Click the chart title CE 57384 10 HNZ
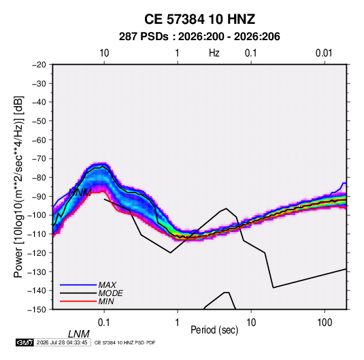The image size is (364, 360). tap(199, 19)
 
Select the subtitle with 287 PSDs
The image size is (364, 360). tap(199, 37)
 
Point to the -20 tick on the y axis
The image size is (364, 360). tap(39, 65)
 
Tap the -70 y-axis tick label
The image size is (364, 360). tap(39, 159)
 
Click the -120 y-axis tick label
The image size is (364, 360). tap(37, 253)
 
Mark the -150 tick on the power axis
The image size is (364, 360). tap(37, 310)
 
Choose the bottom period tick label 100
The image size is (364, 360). tap(325, 323)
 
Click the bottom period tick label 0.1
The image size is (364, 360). tap(104, 323)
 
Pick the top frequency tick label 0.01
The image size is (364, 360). tap(324, 53)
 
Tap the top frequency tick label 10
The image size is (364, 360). tap(104, 53)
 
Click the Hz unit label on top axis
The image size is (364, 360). tap(214, 53)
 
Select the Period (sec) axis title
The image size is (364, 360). tap(214, 330)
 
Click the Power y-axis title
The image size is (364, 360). tap(18, 187)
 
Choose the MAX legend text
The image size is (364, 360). tap(107, 285)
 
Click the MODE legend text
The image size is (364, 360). tap(110, 293)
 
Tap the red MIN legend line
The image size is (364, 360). tap(78, 301)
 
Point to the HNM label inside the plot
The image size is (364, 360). tap(80, 193)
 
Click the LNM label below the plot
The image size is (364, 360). tap(79, 334)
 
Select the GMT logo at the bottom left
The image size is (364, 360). tap(25, 342)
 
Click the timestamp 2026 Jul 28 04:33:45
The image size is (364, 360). tap(62, 342)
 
